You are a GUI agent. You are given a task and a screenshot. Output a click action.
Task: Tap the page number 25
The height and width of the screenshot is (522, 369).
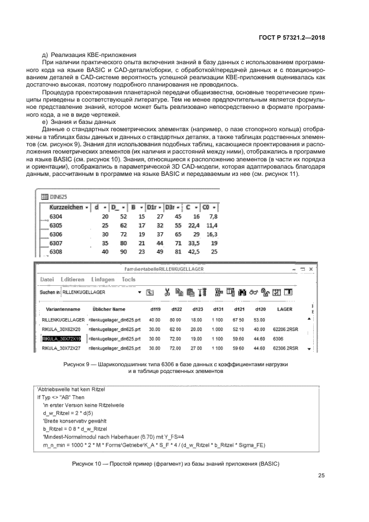tap(321, 476)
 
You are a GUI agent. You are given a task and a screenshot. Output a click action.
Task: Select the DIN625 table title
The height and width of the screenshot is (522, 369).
tap(58, 197)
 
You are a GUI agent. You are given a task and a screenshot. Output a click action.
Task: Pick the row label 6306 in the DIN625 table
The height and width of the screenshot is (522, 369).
tap(56, 234)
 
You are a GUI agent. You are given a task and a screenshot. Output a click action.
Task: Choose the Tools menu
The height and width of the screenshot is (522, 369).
tap(128, 279)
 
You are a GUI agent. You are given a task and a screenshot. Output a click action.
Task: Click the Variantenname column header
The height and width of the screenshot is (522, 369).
tap(63, 309)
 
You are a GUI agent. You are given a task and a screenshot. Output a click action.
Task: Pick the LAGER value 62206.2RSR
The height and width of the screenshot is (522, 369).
tap(287, 329)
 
